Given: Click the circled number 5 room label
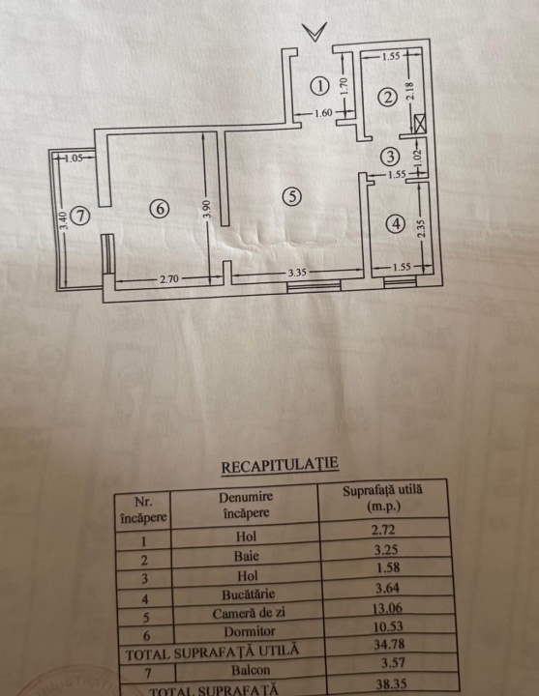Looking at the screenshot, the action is click(x=292, y=196).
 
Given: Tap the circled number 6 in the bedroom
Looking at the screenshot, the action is click(x=160, y=208).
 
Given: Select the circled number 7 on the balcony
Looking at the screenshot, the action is click(x=80, y=216).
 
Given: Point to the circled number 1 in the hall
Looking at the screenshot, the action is click(x=319, y=86).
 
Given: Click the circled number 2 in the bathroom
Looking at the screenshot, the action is click(x=387, y=98).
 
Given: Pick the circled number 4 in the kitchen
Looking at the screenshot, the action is click(x=396, y=223).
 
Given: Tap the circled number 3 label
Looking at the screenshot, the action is click(x=390, y=157).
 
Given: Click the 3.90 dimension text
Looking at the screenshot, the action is click(x=207, y=209).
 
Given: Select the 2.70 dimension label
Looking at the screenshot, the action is click(x=169, y=278).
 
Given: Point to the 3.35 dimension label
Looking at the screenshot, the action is click(x=297, y=272).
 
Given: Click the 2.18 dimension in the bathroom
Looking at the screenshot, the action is click(x=409, y=91).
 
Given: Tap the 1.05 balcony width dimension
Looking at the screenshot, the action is click(x=74, y=158).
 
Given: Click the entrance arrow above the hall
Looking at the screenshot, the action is click(x=314, y=32).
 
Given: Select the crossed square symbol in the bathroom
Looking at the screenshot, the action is click(x=419, y=124).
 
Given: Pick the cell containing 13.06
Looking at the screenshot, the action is click(x=388, y=608).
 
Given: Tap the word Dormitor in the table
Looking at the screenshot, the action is click(x=250, y=631).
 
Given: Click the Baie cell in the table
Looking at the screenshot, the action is click(x=247, y=556).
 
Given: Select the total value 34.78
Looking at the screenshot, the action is click(x=389, y=644).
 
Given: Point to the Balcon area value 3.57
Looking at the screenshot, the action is click(x=393, y=663).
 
